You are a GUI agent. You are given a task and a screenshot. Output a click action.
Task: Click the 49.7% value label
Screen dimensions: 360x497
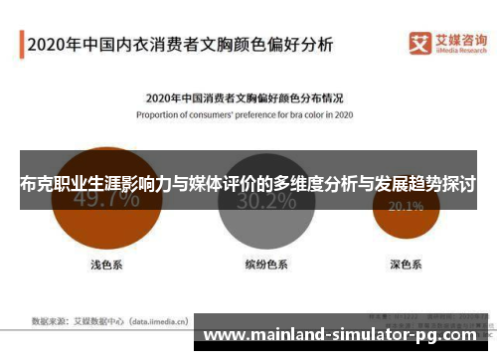coord(106,198)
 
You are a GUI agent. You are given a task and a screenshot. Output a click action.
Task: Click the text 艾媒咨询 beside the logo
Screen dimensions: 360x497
coord(453,39)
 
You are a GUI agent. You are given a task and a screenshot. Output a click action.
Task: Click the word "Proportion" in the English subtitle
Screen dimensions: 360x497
coord(160,113)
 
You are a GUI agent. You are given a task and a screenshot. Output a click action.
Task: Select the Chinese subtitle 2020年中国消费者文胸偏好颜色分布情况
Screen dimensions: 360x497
coord(245,98)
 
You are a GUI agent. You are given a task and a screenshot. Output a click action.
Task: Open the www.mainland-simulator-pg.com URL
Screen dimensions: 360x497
coord(348,334)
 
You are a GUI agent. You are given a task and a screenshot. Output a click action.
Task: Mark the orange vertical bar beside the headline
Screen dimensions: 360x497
coord(20,46)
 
